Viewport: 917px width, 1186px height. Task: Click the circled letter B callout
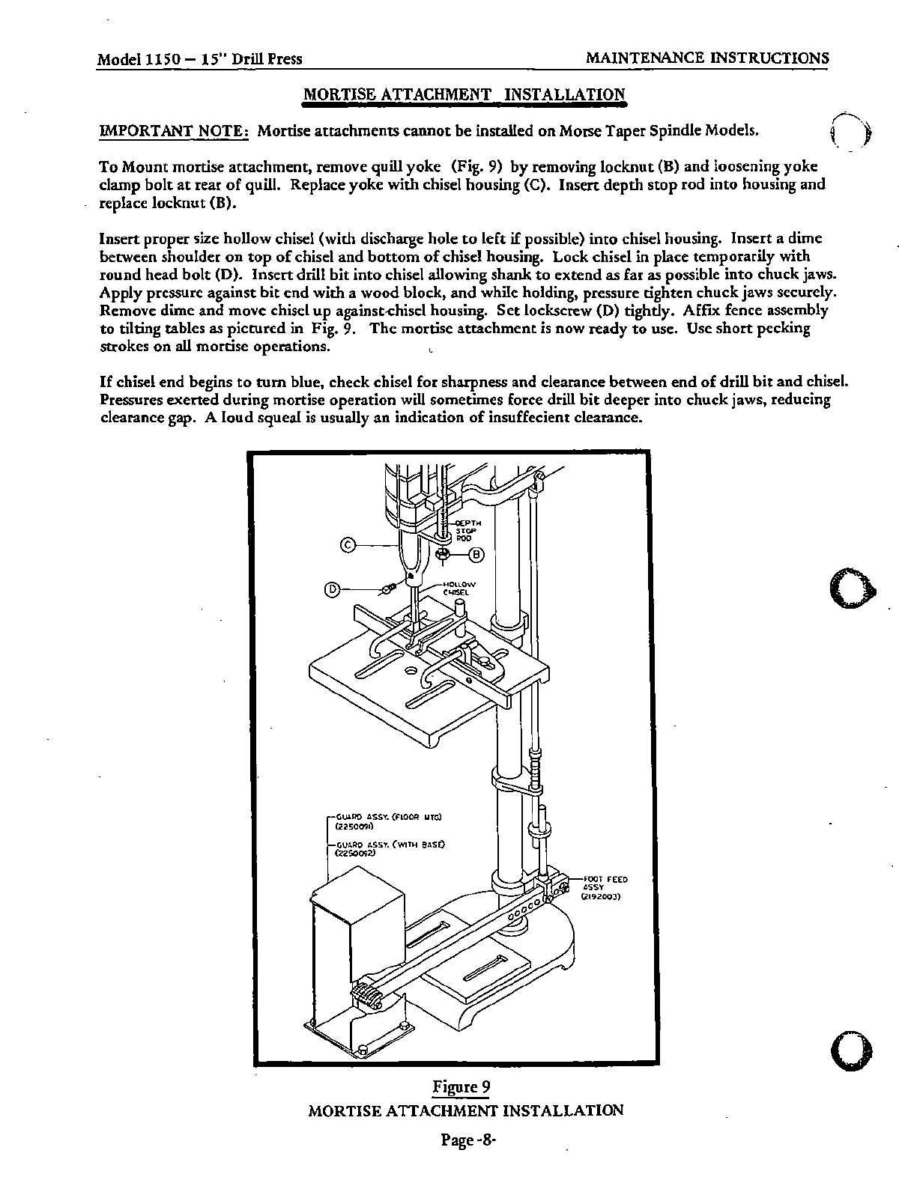pyautogui.click(x=476, y=555)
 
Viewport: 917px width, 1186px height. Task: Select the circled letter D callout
pyautogui.click(x=332, y=590)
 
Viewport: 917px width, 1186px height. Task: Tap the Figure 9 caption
pyautogui.click(x=456, y=1087)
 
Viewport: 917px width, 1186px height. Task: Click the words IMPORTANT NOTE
pyautogui.click(x=174, y=132)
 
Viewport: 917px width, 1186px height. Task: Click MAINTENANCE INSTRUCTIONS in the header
pyautogui.click(x=706, y=58)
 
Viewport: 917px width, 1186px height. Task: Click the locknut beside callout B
pyautogui.click(x=443, y=555)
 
